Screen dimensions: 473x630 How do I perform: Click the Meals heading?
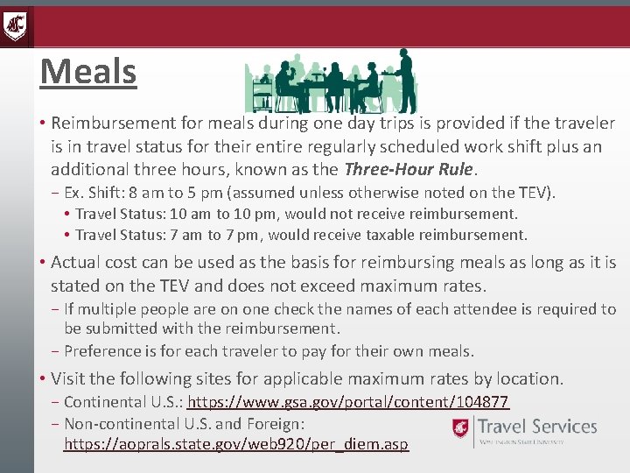(88, 72)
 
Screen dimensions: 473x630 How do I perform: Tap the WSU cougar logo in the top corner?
(15, 25)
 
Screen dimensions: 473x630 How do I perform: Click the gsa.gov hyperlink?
(348, 402)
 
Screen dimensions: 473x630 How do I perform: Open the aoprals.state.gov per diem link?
(236, 444)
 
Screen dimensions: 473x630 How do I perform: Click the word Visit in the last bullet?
(69, 378)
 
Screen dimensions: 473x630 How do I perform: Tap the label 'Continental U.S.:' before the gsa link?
(123, 402)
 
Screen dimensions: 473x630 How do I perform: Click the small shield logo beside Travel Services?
(460, 428)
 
